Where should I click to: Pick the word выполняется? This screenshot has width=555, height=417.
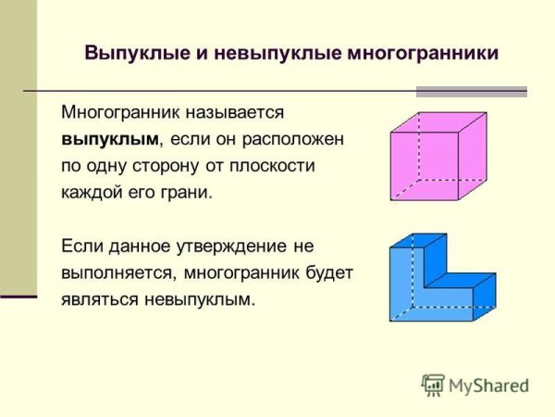[x=117, y=273]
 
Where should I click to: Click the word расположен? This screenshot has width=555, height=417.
[x=295, y=139]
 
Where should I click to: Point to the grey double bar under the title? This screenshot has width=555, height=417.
[x=471, y=92]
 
